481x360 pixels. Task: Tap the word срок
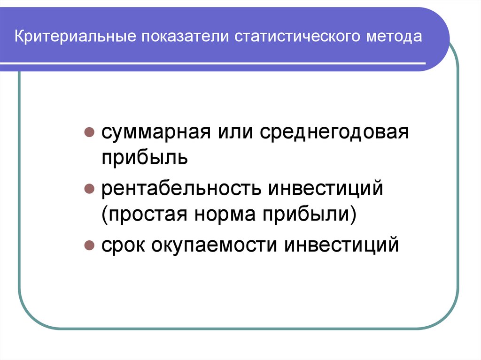123,246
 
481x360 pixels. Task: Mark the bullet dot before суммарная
88,133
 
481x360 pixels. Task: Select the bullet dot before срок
88,246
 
